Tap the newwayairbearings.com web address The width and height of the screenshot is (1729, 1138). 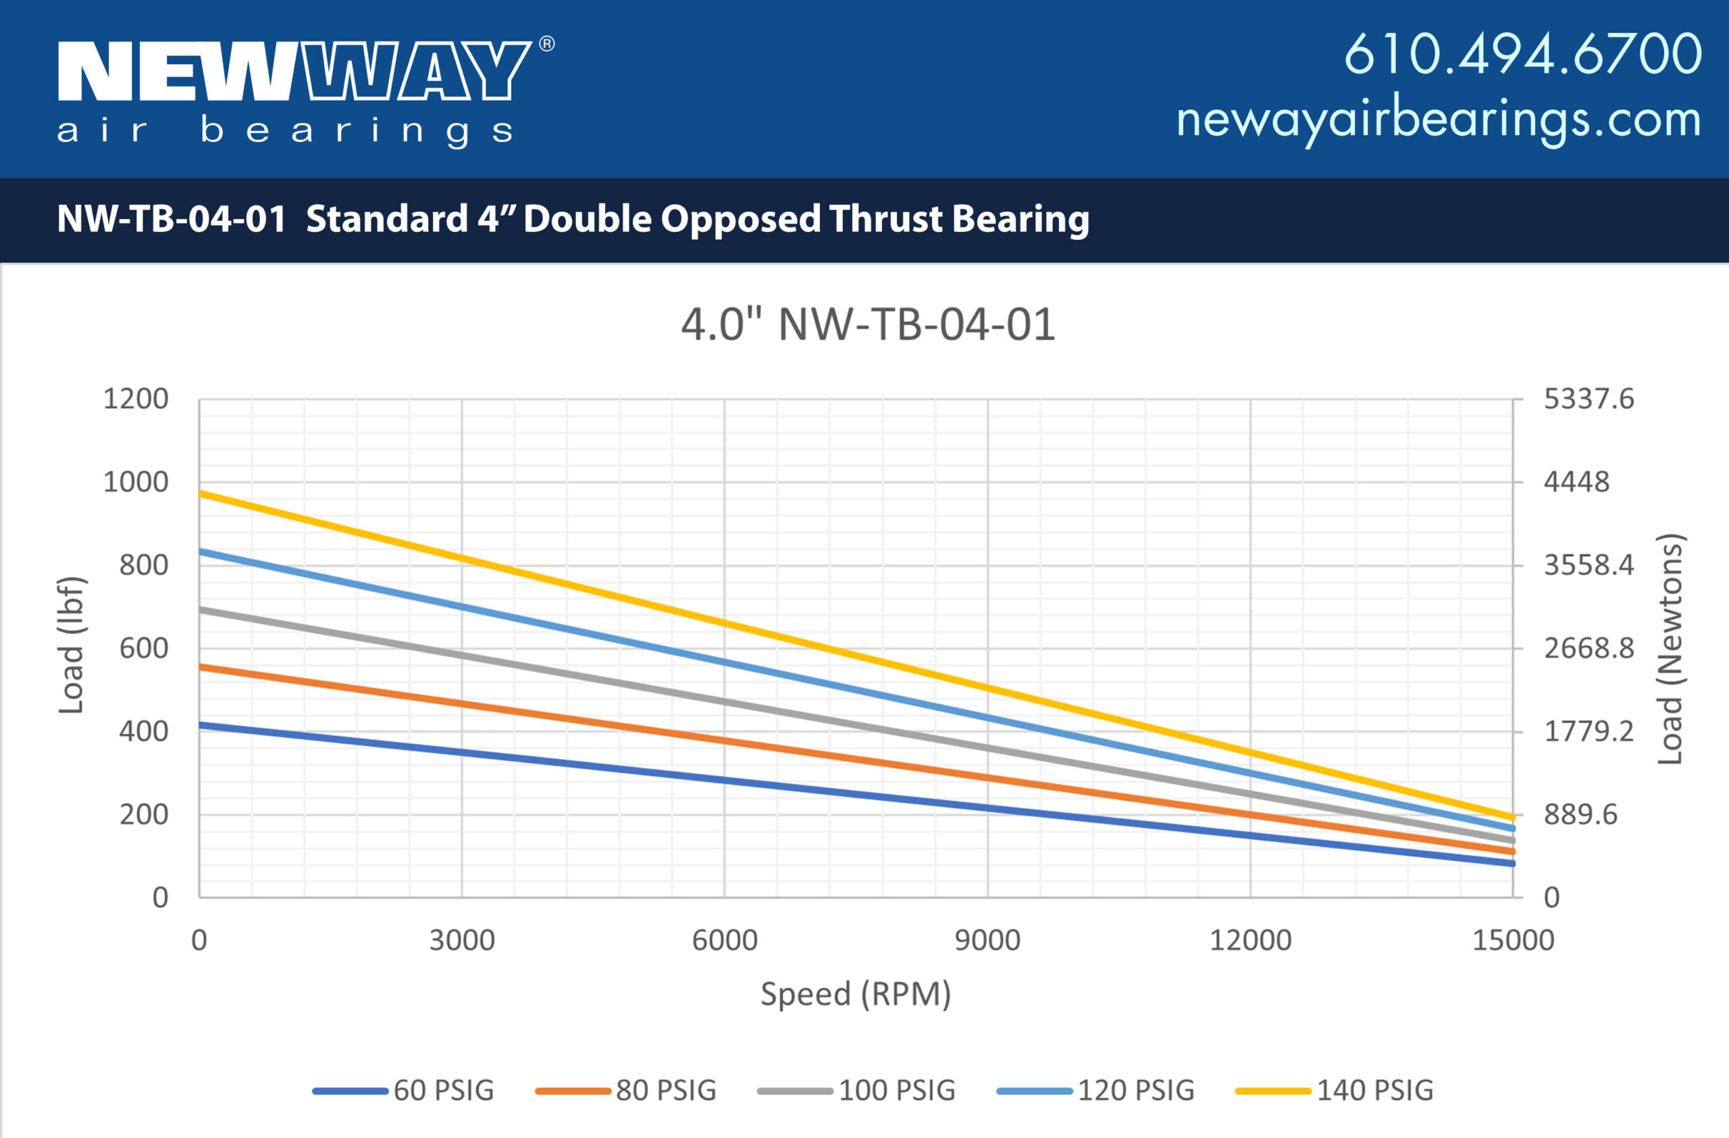(1439, 120)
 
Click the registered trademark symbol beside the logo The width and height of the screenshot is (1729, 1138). (547, 45)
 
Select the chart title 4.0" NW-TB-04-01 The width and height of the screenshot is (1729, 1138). (867, 324)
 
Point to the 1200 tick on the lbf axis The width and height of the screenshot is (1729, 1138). (136, 399)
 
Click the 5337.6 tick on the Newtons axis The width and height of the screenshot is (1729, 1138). (1588, 399)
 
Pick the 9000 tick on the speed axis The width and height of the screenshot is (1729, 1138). (987, 941)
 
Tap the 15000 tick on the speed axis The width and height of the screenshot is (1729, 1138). (1512, 941)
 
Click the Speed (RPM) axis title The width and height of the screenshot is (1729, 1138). (856, 994)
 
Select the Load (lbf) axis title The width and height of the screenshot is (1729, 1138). (72, 645)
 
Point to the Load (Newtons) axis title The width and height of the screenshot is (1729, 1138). (1670, 648)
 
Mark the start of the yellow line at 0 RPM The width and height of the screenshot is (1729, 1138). (201, 494)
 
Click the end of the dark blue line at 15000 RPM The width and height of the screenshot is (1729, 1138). (1512, 864)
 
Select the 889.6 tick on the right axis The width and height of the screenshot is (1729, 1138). (1580, 814)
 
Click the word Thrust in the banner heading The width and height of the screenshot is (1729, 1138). (885, 219)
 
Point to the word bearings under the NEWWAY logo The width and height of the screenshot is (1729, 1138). (357, 132)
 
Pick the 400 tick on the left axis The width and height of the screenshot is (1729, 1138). (144, 731)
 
